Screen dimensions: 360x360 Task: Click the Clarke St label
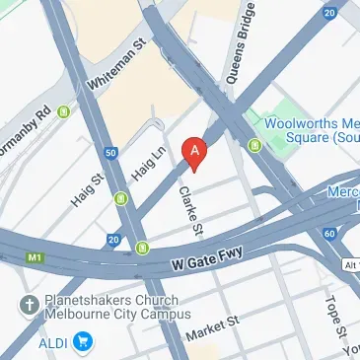(x=189, y=210)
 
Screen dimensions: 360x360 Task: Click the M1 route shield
(x=36, y=258)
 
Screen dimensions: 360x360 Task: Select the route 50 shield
(x=111, y=153)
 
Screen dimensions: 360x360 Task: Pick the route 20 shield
(x=114, y=239)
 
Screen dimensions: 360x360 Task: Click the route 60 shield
(x=327, y=234)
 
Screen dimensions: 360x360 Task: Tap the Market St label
(x=213, y=328)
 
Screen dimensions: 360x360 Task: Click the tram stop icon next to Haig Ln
(x=121, y=199)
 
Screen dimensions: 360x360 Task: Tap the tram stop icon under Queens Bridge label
(x=254, y=147)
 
